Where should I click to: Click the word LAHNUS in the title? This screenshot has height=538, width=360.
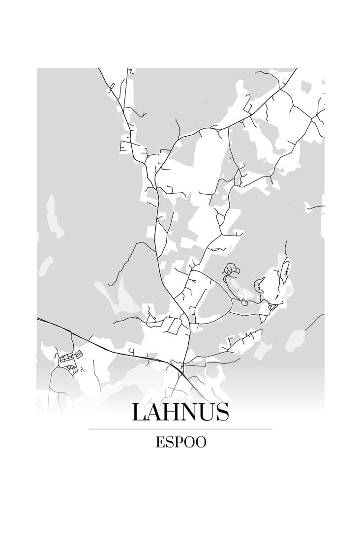pyautogui.click(x=180, y=412)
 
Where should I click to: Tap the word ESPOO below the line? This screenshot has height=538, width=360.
pyautogui.click(x=180, y=442)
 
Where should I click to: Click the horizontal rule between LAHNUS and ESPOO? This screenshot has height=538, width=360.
pyautogui.click(x=180, y=429)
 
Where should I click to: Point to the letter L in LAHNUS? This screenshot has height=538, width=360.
pyautogui.click(x=140, y=412)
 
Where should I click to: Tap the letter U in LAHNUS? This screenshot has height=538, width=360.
pyautogui.click(x=207, y=412)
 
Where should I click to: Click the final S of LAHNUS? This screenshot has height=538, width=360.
pyautogui.click(x=222, y=412)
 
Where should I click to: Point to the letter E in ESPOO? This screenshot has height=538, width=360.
pyautogui.click(x=159, y=442)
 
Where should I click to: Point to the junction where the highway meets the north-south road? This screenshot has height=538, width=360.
pyautogui.click(x=181, y=366)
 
